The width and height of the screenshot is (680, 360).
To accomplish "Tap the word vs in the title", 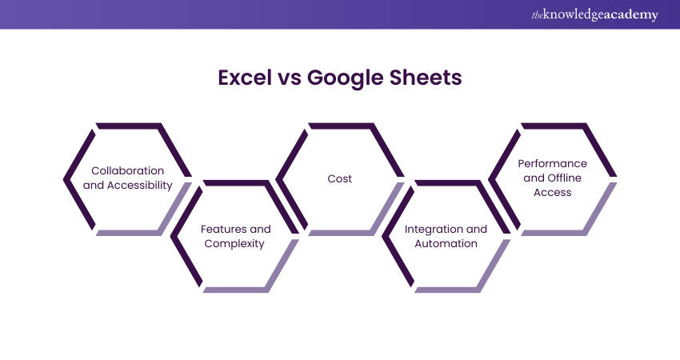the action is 290,79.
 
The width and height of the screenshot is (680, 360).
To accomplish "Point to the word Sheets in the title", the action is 426,78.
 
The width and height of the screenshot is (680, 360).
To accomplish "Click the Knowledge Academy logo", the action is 594,14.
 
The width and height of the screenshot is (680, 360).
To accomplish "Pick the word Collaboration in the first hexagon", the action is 127,170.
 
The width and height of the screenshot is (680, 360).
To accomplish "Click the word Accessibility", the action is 140,186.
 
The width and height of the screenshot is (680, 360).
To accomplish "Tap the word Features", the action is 224,229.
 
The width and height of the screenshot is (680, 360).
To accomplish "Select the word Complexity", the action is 234,244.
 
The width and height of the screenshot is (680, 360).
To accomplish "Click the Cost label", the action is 339,178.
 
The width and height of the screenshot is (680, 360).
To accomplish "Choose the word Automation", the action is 446,244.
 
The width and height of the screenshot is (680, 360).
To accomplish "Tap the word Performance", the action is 552,163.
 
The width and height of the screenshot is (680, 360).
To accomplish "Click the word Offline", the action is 564,178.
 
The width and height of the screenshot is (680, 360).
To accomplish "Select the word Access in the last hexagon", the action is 552,192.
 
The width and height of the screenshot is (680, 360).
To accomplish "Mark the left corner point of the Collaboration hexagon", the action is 64,179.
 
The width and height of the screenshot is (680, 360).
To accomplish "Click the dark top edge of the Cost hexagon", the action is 341,126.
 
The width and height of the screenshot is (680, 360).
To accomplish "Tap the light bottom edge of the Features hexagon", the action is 235,290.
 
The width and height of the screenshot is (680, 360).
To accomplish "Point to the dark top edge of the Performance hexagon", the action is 554,126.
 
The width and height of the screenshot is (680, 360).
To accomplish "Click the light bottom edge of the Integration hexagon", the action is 447,290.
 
